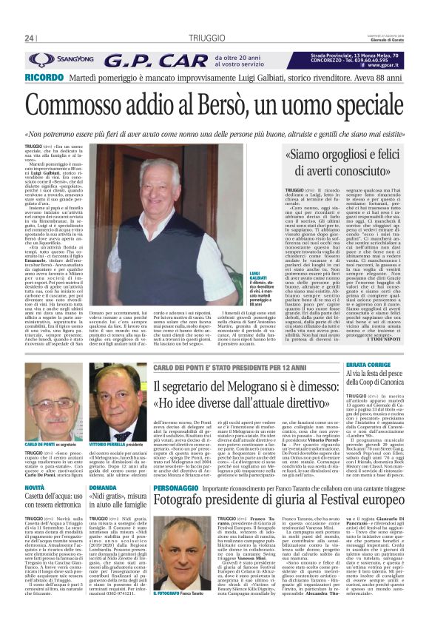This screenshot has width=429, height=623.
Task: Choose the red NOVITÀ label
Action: click(x=36, y=489)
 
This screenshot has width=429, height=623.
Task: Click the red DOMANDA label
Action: click(x=103, y=489)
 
